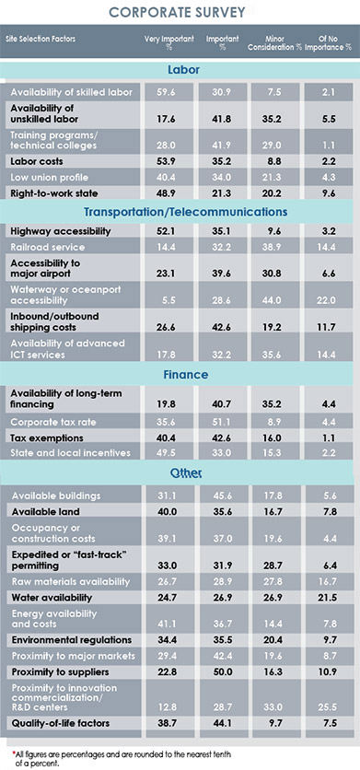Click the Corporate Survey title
click(x=180, y=13)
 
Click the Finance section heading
click(x=180, y=375)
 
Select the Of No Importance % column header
click(x=334, y=42)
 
